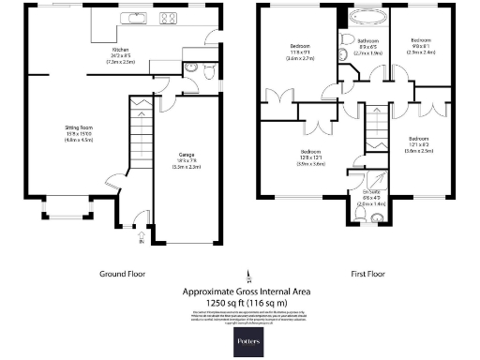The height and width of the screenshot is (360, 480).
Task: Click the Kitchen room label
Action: pyautogui.click(x=120, y=53)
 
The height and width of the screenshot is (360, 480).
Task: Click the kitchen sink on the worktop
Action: pyautogui.click(x=134, y=17)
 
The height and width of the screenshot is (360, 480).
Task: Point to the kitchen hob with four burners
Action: pyautogui.click(x=170, y=17)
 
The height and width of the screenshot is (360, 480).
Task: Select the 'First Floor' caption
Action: pyautogui.click(x=368, y=275)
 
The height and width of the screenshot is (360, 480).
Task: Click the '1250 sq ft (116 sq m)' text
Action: pyautogui.click(x=247, y=302)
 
